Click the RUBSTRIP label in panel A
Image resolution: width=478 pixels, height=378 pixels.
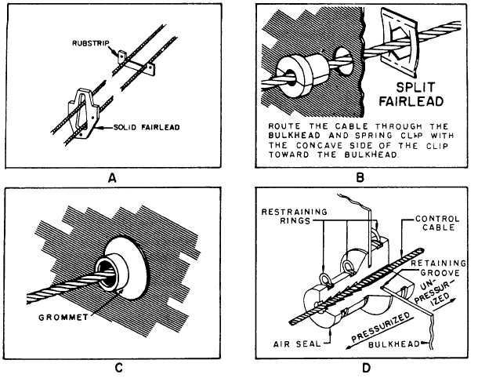tap(91, 43)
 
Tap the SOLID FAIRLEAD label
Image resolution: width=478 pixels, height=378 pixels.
tap(147, 127)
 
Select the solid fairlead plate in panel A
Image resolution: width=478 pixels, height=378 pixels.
tap(82, 114)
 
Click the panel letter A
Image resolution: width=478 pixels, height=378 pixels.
tap(113, 177)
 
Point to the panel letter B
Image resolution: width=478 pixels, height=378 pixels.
tap(360, 177)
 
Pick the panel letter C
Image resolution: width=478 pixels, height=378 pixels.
tap(118, 368)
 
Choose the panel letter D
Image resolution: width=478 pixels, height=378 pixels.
tap(366, 368)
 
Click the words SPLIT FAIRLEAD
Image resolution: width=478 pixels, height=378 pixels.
tap(411, 94)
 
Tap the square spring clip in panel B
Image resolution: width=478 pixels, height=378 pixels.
tap(400, 42)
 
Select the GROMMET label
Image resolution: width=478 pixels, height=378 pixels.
tap(63, 318)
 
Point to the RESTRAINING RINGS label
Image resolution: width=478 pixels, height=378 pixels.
tap(294, 216)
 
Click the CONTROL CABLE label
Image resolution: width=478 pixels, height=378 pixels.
tap(437, 223)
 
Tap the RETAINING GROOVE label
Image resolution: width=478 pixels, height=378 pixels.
tap(438, 268)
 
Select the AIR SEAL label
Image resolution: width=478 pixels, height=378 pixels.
tap(297, 344)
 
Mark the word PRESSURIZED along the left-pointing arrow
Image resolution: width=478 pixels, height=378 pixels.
tap(381, 327)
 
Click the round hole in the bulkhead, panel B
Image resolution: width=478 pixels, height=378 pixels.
tap(344, 60)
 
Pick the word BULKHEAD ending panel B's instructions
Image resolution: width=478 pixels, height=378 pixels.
tap(371, 154)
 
